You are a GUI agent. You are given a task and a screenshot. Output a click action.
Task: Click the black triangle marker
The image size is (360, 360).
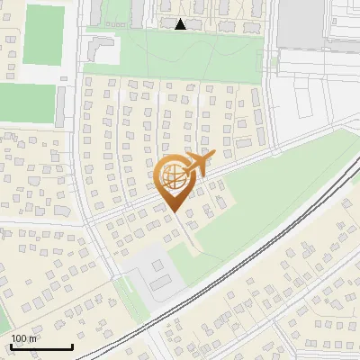tap(181, 24)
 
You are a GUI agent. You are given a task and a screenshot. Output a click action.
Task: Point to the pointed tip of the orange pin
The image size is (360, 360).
tap(173, 211)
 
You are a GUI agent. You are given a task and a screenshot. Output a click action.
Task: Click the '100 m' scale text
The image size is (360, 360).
tap(24, 338)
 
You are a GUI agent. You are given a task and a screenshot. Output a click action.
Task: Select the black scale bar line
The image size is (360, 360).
tap(41, 347)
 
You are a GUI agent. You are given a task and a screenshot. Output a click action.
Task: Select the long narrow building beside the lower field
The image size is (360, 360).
tap(60, 106)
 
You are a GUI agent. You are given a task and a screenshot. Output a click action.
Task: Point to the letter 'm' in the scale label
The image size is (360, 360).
tap(33, 338)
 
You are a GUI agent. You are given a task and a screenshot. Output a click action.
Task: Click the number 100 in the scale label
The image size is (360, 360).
tap(19, 338)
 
